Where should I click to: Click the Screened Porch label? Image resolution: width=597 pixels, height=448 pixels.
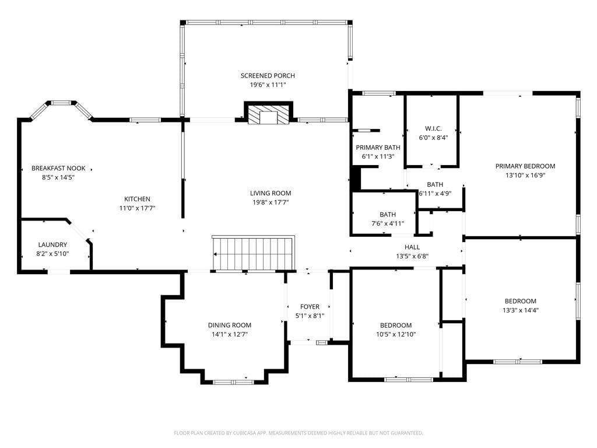tap(268, 75)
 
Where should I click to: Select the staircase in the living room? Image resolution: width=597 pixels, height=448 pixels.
tap(253, 253)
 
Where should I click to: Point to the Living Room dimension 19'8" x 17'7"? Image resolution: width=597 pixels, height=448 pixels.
tap(271, 202)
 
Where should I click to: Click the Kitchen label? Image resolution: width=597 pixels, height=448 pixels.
tap(137, 199)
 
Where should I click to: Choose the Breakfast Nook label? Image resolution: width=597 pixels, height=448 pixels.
tap(58, 168)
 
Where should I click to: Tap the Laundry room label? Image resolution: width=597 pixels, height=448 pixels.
tap(52, 244)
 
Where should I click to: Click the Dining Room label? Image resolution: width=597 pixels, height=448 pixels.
tap(230, 325)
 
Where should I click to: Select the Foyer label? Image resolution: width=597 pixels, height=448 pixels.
tap(310, 307)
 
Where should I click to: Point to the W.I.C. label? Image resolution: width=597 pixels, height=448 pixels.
tap(433, 128)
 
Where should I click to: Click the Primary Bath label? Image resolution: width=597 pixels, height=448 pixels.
tap(378, 148)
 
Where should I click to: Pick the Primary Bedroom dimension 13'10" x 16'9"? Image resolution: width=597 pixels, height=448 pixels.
tap(525, 175)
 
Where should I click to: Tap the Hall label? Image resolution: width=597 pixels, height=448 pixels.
tap(412, 247)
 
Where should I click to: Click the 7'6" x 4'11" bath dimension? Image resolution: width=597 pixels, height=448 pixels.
tap(388, 223)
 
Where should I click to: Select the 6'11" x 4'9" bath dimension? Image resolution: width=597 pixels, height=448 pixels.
tap(435, 194)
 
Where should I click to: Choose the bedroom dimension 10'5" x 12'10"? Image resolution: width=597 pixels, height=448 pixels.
tap(396, 334)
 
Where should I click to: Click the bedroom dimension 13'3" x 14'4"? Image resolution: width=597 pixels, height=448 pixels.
tap(521, 310)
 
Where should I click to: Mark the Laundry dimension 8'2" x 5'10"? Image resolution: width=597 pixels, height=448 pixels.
tap(52, 254)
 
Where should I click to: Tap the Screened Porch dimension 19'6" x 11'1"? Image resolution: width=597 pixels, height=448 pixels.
tap(268, 85)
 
